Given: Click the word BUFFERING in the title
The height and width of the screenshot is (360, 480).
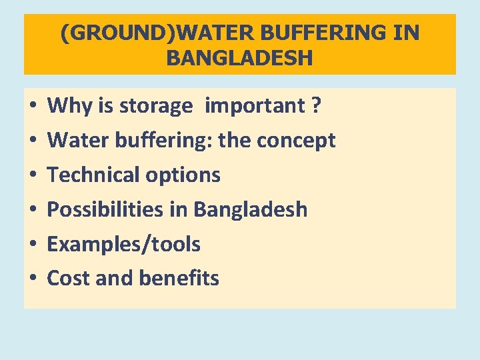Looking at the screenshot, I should click(324, 33).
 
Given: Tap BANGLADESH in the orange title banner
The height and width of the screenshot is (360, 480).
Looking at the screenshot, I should click(239, 58).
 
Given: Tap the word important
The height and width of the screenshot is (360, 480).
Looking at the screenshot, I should click(254, 105).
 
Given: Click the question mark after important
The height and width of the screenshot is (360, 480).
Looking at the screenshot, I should click(315, 105).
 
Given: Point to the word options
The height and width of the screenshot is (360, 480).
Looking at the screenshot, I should click(182, 175).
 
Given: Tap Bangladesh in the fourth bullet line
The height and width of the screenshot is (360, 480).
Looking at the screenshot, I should click(250, 209).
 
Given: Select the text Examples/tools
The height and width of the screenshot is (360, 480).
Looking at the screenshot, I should click(123, 244).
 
